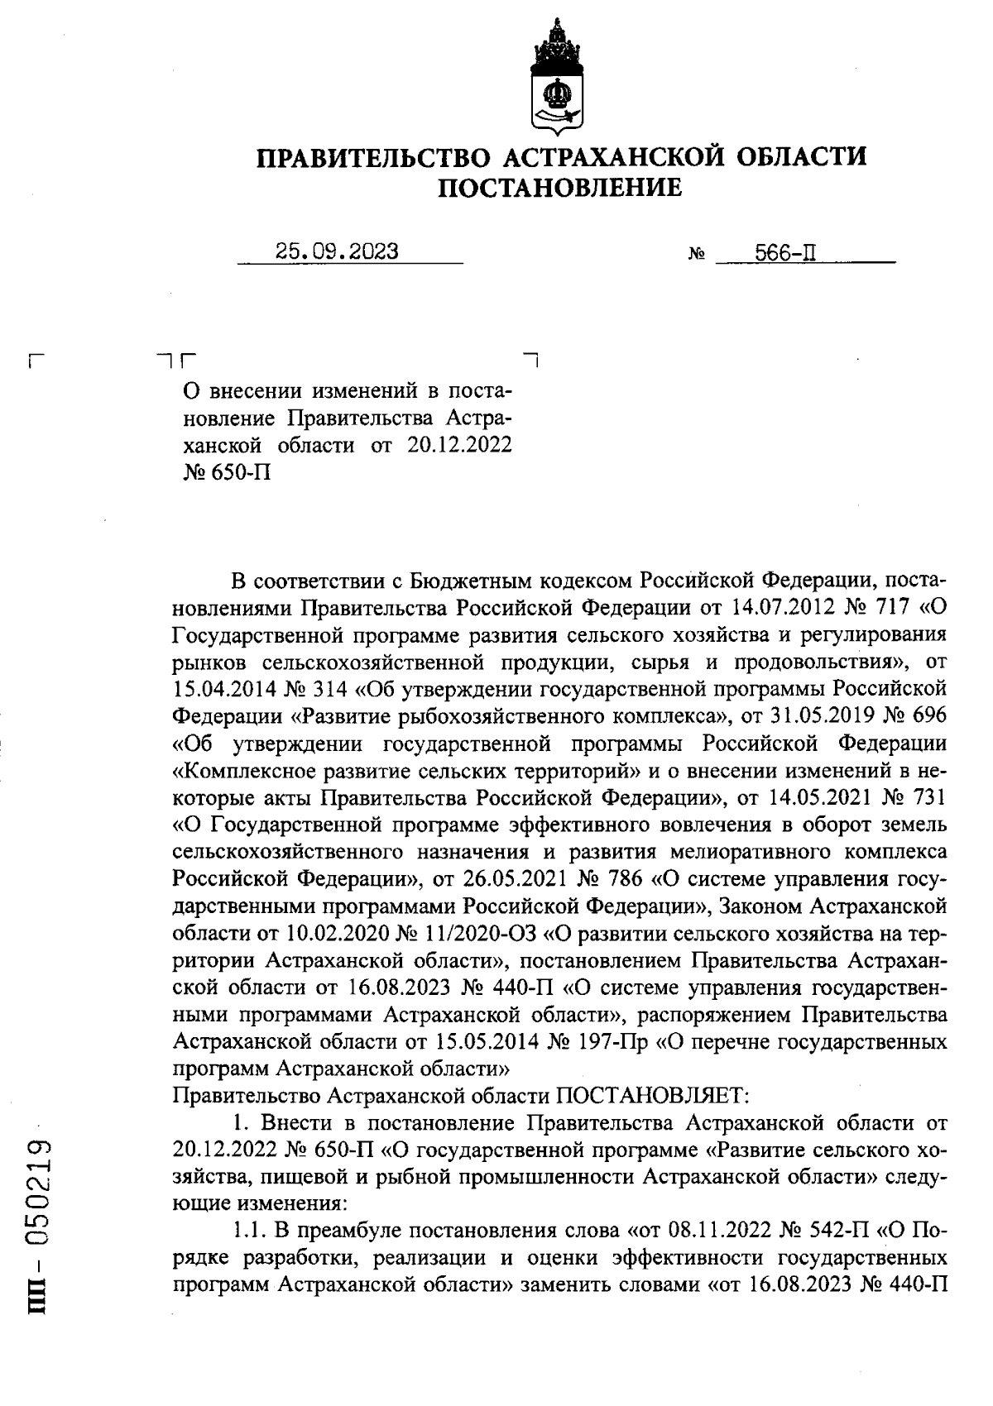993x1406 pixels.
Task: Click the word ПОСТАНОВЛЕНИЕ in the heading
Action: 560,189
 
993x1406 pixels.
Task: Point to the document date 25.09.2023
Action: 336,251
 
